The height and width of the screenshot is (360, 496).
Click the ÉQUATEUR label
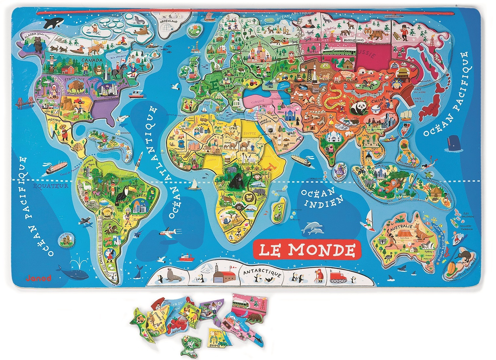51,186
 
